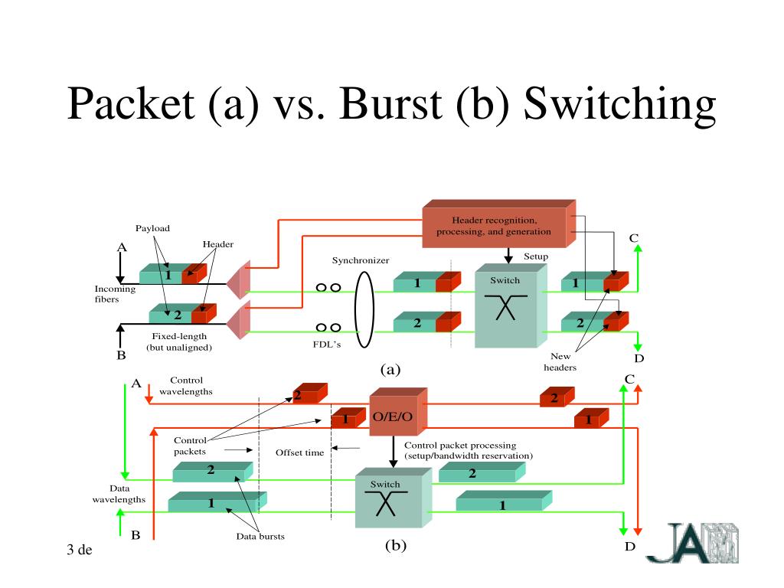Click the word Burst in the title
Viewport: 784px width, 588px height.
coord(390,104)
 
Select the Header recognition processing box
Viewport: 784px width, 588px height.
coord(499,224)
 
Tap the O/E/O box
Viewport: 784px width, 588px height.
coord(398,411)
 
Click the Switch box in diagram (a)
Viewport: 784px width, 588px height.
coord(511,305)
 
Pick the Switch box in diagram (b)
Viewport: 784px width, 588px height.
coord(393,498)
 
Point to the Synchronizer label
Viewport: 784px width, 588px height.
coord(361,260)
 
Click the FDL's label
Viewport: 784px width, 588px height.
coord(327,345)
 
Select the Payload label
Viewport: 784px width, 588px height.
coord(152,228)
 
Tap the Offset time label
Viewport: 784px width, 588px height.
coord(300,452)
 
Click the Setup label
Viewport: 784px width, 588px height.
coord(536,256)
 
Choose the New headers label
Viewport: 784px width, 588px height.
coord(560,361)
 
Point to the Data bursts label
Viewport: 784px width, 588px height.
coord(260,537)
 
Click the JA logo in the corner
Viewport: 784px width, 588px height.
coord(692,543)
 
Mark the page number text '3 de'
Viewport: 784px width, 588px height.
coord(80,550)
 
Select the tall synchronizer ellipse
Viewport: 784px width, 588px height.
coord(364,309)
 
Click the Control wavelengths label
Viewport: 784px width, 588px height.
coord(186,386)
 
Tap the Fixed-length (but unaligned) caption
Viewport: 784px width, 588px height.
coord(179,342)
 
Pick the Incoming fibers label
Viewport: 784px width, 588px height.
coord(115,294)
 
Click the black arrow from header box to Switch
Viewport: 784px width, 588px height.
coord(508,256)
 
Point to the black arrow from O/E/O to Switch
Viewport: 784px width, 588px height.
coord(393,452)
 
